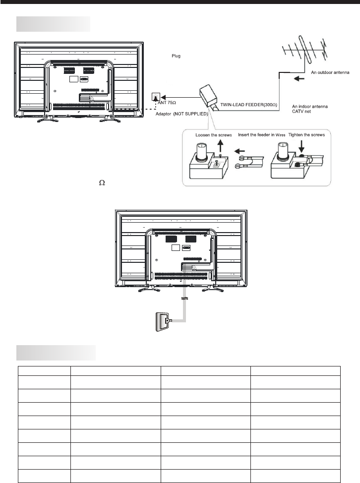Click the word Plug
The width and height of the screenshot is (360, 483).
[177, 56]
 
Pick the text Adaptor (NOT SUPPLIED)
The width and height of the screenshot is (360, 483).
[181, 113]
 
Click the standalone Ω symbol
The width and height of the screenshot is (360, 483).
[102, 183]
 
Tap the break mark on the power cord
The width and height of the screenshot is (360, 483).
[184, 299]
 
